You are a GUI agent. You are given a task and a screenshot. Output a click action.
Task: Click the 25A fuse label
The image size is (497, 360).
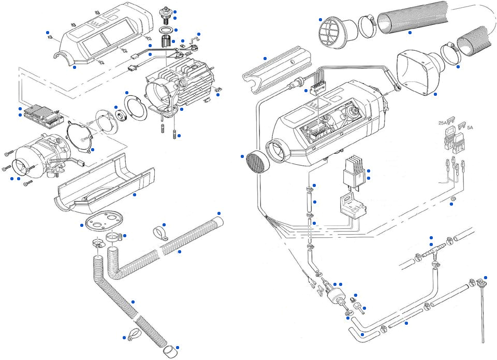pos(443,123)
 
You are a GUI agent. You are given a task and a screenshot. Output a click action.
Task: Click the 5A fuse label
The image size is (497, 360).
pos(469,126)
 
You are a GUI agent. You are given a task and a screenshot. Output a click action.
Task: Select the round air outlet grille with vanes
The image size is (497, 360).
pos(331,31)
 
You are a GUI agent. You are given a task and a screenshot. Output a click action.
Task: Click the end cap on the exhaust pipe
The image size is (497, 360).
pos(169,353)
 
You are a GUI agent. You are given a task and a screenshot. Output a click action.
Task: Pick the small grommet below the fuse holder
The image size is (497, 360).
pos(452,199)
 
